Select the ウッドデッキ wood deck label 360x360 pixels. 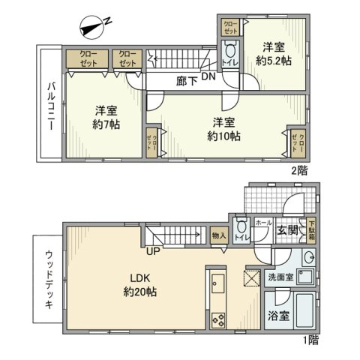click(47, 276)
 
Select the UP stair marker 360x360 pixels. click(152, 250)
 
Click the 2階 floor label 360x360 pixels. click(299, 171)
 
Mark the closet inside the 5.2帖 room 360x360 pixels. click(229, 27)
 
